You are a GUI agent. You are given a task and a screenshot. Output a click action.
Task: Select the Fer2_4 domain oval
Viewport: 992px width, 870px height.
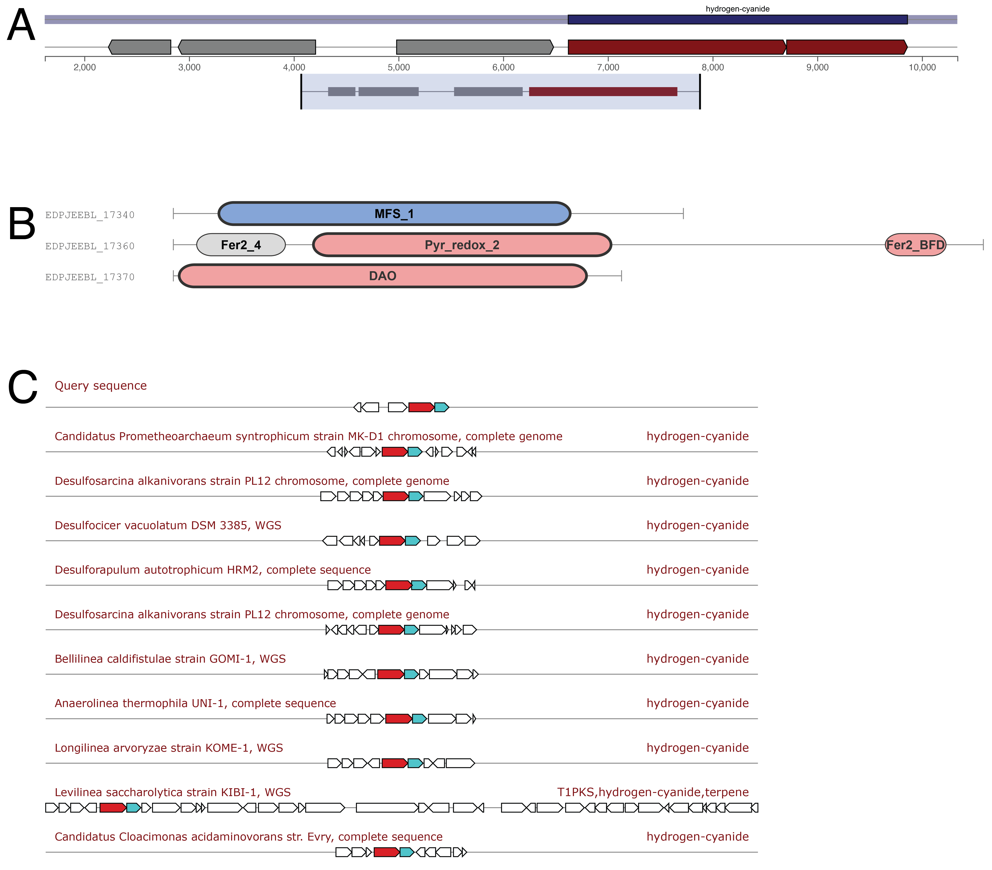coord(241,245)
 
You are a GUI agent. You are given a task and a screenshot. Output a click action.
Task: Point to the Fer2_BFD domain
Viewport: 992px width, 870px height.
coord(915,245)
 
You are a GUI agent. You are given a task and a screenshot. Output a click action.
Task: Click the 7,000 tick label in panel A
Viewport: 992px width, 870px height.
coord(608,67)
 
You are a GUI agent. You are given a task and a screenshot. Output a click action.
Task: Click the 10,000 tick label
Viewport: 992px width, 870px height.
coord(922,67)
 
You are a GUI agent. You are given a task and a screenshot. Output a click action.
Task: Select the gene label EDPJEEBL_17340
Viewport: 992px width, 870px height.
coord(90,215)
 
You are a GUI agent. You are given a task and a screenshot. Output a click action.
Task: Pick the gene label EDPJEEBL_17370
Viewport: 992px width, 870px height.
coord(90,277)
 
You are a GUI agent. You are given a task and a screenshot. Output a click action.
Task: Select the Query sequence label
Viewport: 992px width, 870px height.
coord(100,385)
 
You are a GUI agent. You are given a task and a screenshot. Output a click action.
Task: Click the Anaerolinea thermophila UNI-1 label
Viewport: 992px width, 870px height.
coord(195,703)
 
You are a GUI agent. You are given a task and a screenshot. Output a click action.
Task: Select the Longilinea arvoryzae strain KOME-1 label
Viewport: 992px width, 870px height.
coord(169,748)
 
